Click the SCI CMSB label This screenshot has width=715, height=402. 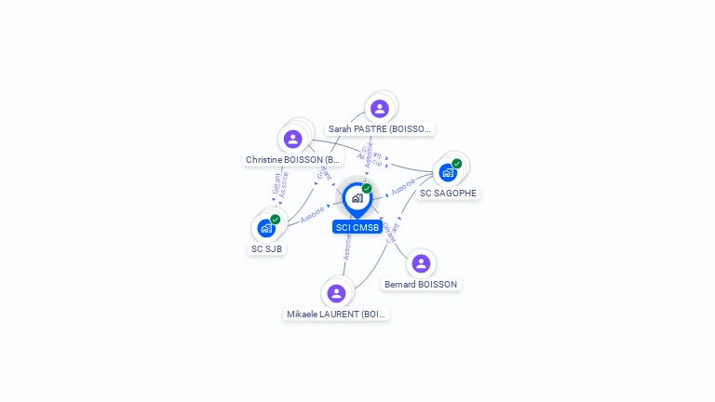(x=357, y=227)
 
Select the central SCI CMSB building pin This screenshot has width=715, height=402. (x=357, y=198)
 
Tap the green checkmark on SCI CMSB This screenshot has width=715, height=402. (x=367, y=188)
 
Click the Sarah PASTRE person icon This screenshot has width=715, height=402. (x=379, y=108)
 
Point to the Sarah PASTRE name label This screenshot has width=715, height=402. (x=381, y=129)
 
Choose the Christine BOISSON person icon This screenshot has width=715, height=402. (x=293, y=140)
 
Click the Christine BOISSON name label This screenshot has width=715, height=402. (x=293, y=160)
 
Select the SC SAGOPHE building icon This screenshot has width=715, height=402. (x=448, y=173)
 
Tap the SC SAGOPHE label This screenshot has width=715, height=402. (x=448, y=194)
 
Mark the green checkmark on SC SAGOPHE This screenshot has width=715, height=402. (x=457, y=164)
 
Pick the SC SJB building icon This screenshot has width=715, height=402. (x=266, y=228)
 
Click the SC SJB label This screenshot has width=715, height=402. (x=267, y=248)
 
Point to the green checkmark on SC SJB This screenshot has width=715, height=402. (x=276, y=219)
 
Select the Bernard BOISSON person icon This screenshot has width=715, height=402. (x=421, y=263)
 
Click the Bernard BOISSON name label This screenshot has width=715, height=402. (x=422, y=284)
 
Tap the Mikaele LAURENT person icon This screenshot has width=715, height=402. (x=336, y=293)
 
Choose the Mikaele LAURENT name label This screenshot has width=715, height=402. (x=336, y=315)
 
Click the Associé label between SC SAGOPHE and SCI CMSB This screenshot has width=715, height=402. (x=403, y=186)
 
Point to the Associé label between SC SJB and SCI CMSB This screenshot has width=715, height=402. (x=313, y=214)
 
